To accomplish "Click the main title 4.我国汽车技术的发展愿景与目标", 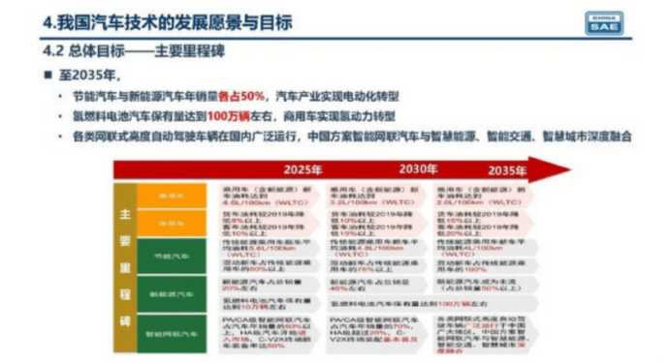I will (x=165, y=22).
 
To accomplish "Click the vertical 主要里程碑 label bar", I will (x=123, y=261).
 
